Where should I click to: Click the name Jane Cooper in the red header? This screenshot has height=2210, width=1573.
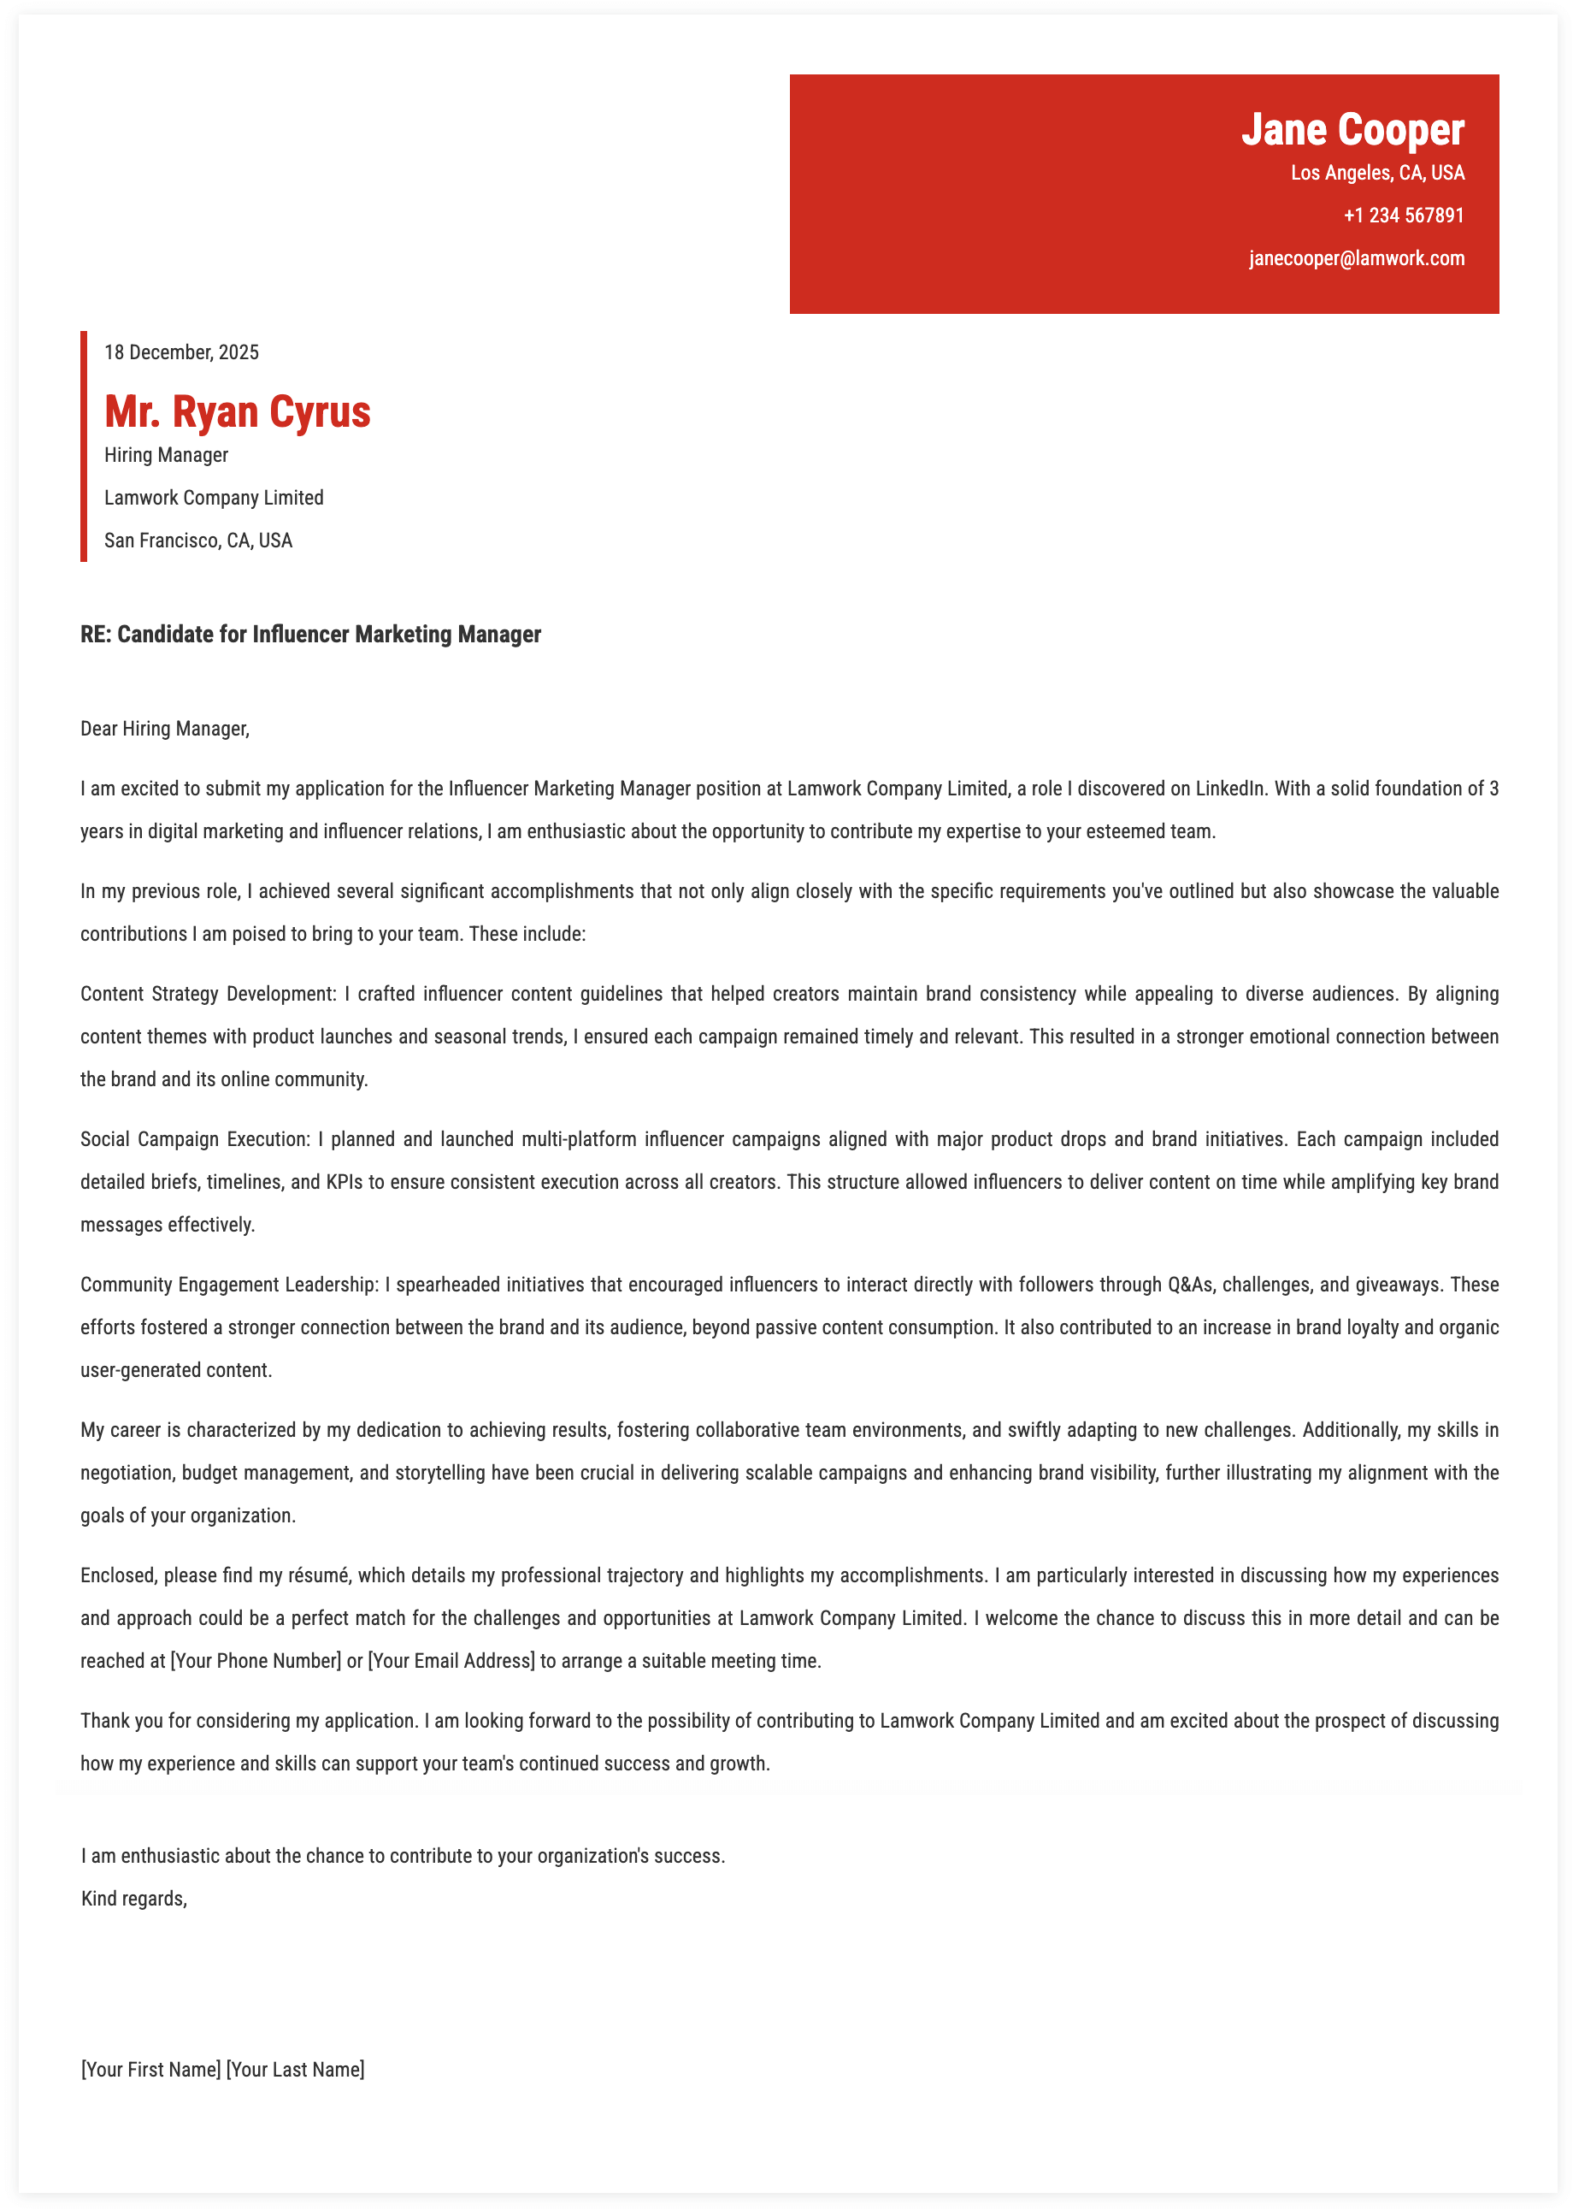[1352, 130]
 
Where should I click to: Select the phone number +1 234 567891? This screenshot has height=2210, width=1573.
[1404, 215]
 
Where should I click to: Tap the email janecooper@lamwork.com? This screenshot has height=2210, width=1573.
[1356, 258]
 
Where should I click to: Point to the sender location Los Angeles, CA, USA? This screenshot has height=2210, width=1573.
[1377, 174]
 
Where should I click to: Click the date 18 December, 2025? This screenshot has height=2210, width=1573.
[181, 352]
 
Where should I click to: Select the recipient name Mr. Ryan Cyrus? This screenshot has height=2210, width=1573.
[238, 411]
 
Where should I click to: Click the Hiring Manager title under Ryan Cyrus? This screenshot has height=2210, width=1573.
[167, 455]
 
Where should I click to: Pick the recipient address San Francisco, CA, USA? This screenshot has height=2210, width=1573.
[198, 541]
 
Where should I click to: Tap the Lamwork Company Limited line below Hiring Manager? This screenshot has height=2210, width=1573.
[214, 498]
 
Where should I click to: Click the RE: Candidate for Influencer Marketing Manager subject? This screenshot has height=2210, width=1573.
[311, 635]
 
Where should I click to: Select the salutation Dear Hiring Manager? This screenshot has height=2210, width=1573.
[165, 729]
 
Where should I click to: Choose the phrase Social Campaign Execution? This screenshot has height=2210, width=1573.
[195, 1139]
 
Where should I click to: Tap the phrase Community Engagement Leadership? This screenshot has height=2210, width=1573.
[228, 1285]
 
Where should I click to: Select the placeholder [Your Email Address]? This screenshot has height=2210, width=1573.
[451, 1661]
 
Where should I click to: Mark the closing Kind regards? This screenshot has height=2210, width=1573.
[133, 1898]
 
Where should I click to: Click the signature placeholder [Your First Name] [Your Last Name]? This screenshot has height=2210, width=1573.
[223, 2070]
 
